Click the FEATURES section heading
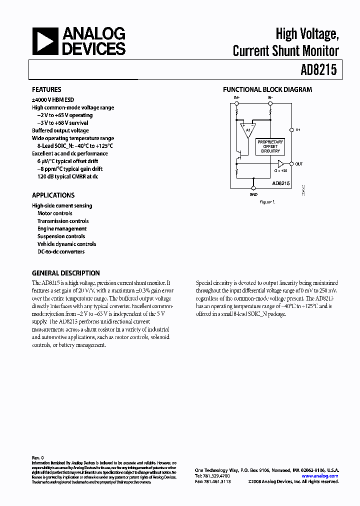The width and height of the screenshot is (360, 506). tap(46, 90)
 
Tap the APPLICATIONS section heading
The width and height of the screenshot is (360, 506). tap(53, 195)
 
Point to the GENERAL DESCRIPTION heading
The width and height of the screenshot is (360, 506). tap(65, 273)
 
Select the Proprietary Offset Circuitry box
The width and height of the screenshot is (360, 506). tap(270, 146)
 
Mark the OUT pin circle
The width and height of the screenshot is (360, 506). tap(291, 164)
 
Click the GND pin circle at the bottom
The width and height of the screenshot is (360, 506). tap(253, 188)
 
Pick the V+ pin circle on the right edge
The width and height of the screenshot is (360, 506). tap(291, 130)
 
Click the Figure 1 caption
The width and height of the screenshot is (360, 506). tap(266, 202)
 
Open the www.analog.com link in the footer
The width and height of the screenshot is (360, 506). tap(320, 476)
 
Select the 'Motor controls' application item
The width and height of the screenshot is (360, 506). tap(55, 213)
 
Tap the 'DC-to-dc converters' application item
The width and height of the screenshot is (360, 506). tap(61, 252)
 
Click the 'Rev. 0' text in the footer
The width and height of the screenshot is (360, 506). tap(38, 457)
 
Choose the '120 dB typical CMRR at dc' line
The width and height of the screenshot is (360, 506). tap(67, 177)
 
